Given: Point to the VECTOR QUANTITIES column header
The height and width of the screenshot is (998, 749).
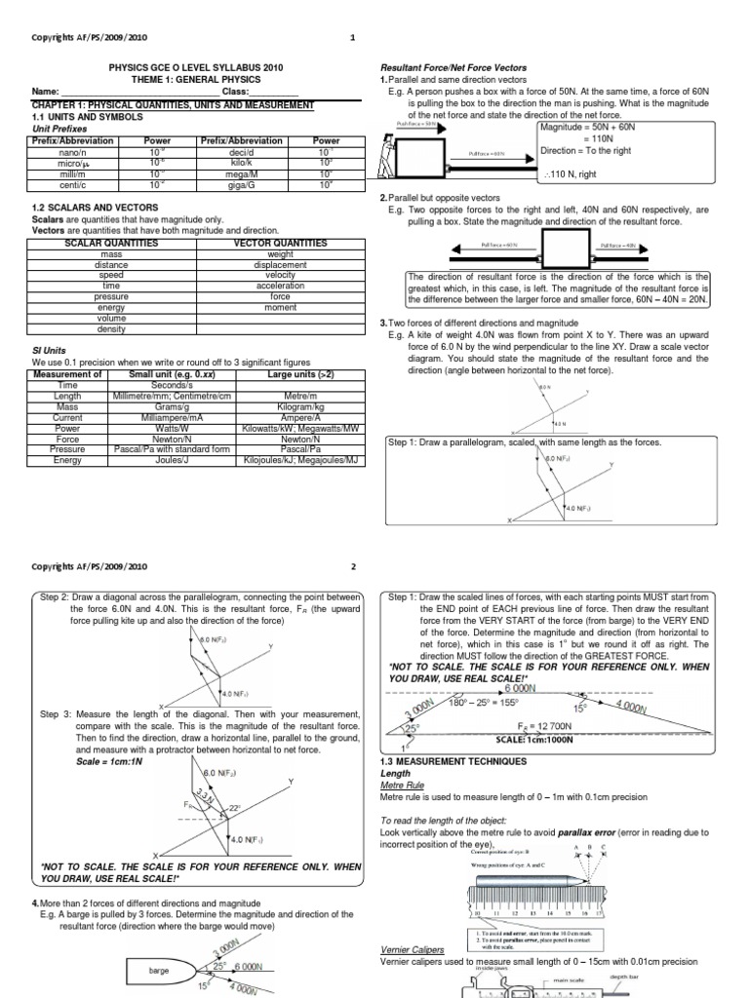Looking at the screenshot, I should coord(280,243).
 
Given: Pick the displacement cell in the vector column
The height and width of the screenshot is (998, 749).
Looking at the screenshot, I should coord(280,264).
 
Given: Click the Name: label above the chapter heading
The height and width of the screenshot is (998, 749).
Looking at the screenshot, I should coord(47,92).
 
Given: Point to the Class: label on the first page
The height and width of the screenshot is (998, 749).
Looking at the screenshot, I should coord(237,92).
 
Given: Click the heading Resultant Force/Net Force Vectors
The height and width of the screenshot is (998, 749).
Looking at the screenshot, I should coord(453,67).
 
